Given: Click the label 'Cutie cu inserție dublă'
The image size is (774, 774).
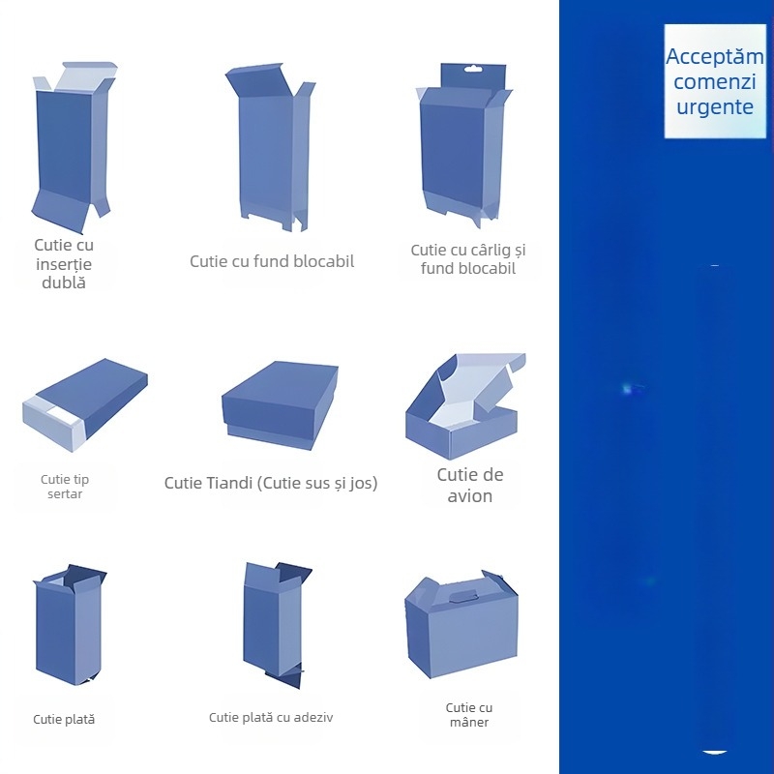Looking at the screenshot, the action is (64, 263).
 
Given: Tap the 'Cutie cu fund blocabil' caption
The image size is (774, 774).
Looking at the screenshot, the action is (272, 261).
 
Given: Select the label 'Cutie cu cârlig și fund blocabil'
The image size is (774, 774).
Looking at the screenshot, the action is (468, 259).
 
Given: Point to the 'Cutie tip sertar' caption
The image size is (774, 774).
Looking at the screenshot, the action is (65, 487).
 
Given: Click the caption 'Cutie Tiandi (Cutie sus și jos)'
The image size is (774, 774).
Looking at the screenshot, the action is (271, 483).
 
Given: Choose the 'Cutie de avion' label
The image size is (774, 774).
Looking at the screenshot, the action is (470, 485).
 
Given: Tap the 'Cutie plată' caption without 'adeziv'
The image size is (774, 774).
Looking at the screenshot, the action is (64, 719).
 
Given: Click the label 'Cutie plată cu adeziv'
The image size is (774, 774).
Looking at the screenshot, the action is (271, 717).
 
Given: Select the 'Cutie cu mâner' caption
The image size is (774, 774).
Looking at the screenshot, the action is (469, 715).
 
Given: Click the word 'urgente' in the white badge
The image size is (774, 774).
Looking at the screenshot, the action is (715, 106).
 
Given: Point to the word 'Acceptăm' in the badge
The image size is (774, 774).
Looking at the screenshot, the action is (715, 56).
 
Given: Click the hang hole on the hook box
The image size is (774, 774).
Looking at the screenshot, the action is (473, 70).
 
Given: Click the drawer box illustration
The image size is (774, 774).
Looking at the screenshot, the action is (85, 404).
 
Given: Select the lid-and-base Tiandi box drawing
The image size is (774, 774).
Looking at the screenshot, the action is (280, 405).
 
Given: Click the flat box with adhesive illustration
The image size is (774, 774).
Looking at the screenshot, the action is (278, 625).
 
